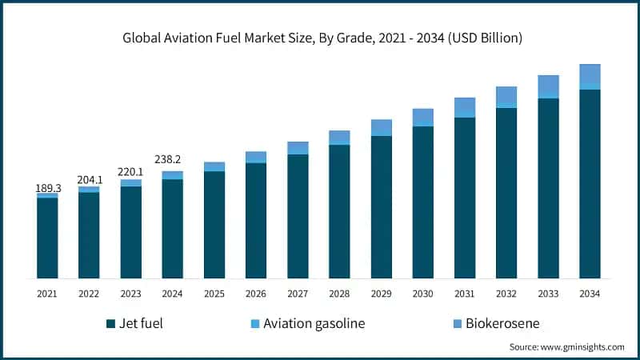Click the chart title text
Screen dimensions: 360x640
319,38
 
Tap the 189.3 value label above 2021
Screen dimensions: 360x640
47,188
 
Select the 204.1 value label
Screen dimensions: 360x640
89,180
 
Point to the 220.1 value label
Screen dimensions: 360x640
130,172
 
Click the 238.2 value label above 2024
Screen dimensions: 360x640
172,159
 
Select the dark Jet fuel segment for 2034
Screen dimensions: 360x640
590,184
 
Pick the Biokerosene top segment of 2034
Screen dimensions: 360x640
590,74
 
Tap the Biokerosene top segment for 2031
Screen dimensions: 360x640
465,106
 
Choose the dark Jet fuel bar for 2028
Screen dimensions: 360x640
339,212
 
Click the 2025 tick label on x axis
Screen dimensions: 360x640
214,294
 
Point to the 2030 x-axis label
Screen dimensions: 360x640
422,294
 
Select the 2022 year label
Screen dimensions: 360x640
89,294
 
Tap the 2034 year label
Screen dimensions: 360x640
590,294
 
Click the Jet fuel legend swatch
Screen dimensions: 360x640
110,324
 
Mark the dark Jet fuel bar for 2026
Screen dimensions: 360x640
256,221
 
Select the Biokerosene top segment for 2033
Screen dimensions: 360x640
548,86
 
